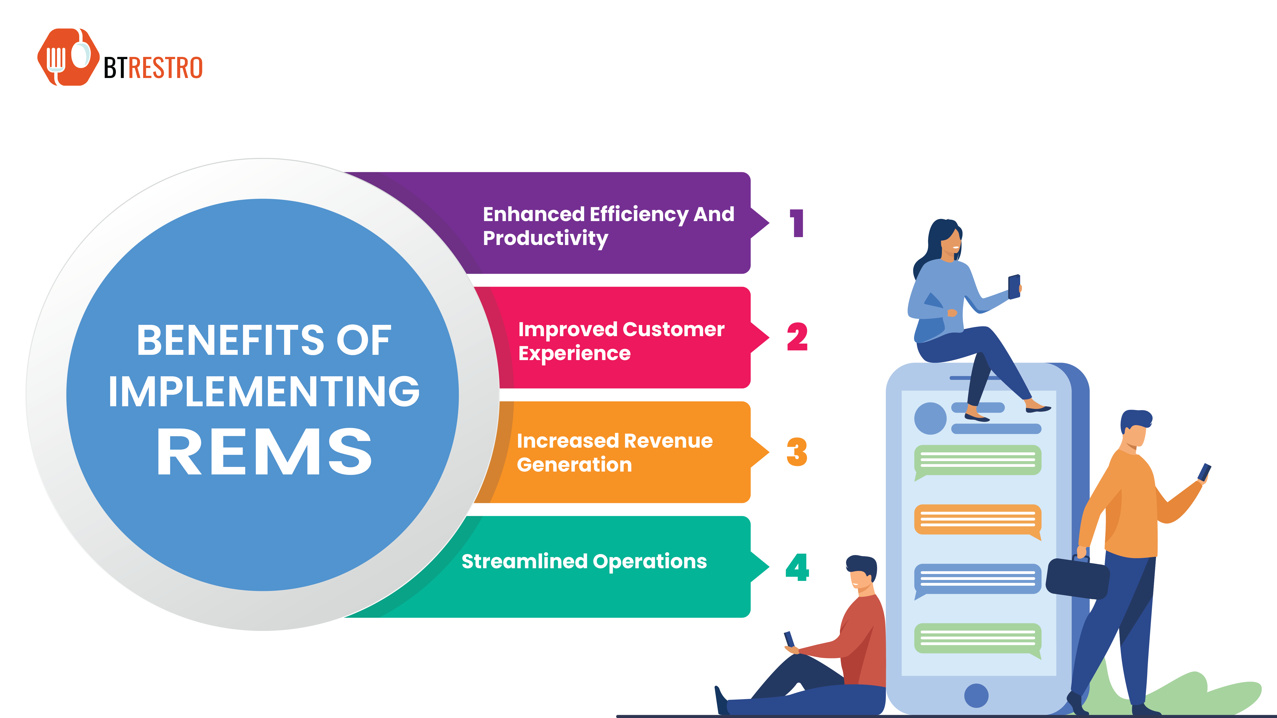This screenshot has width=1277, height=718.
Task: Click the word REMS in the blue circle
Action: coord(264,452)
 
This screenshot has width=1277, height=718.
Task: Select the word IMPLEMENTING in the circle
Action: coord(264,391)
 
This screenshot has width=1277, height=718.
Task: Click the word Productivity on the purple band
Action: coord(545,238)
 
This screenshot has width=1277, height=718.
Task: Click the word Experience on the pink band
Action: coord(574,353)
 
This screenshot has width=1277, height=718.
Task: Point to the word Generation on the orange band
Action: coord(574,465)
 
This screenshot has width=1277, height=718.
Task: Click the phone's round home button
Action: coord(976,695)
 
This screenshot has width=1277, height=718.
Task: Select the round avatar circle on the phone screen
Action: coord(930,419)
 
